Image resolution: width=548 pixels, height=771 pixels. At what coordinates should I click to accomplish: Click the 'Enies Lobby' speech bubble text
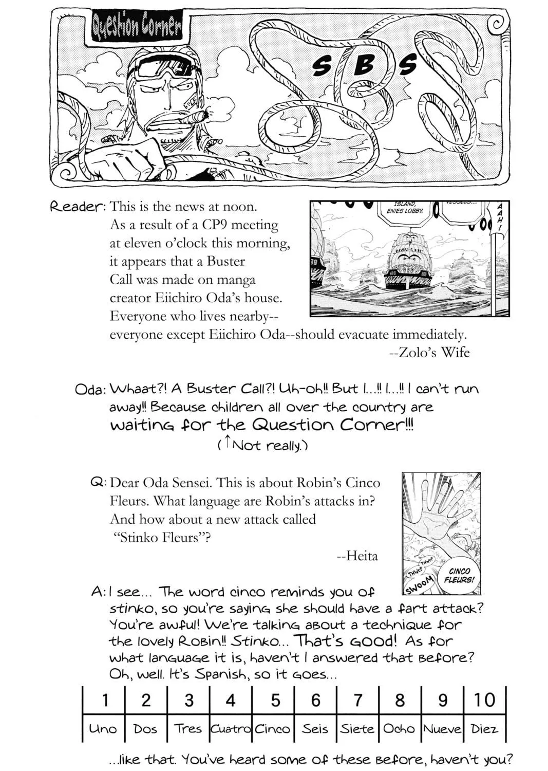pyautogui.click(x=404, y=208)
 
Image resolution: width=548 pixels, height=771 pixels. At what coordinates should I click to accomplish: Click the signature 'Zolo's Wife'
pyautogui.click(x=429, y=352)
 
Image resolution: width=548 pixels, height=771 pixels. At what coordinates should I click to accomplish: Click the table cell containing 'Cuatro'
pyautogui.click(x=231, y=728)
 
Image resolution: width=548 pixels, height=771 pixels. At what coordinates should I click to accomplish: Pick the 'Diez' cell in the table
pyautogui.click(x=484, y=728)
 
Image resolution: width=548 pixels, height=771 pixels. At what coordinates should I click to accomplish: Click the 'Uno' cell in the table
pyautogui.click(x=103, y=728)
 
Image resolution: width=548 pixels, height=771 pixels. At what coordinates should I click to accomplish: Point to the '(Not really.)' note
pyautogui.click(x=263, y=446)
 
